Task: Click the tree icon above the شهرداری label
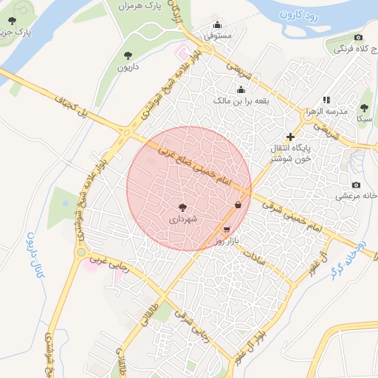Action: pos(183,207)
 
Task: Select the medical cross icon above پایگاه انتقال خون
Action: pos(290,137)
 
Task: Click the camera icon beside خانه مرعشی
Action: pos(356,185)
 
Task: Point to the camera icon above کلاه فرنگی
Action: pos(358,37)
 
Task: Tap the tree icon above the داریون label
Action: pos(128,55)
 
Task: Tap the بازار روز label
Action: pos(224,241)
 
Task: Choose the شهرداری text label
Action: pos(183,219)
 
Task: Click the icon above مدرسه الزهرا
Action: pos(326,100)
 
